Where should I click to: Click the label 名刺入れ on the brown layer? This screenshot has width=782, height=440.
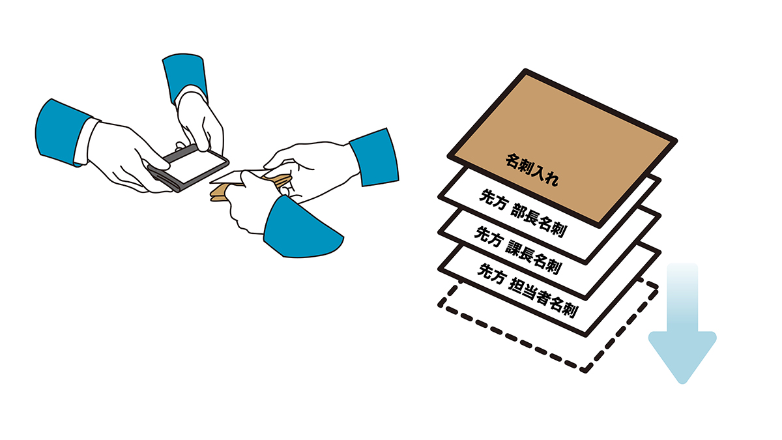532,169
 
